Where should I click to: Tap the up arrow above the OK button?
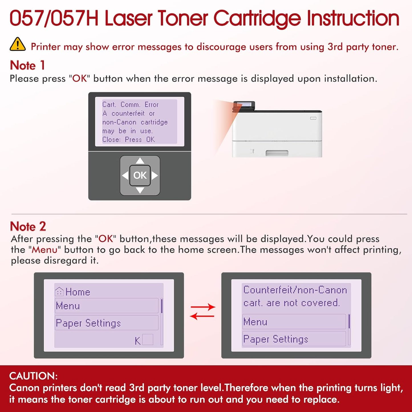pos(140,161)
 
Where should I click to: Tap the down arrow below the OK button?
pos(140,190)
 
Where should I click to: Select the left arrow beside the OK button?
pos(125,175)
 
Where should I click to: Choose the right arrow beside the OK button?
pos(155,175)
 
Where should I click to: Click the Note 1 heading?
pos(27,65)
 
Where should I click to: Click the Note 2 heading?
pos(28,226)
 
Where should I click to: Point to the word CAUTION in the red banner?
pos(33,376)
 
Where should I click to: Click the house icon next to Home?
pos(59,291)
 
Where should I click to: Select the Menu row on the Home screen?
pos(106,306)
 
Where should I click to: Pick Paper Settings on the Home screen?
pos(106,323)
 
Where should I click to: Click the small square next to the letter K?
pos(148,340)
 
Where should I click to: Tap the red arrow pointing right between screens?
pos(203,307)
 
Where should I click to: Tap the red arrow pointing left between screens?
pos(202,316)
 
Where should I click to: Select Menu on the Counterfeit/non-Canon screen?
pos(294,322)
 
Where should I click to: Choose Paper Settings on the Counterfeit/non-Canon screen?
pos(294,339)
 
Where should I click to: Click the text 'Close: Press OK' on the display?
pos(129,140)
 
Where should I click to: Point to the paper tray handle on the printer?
pos(277,153)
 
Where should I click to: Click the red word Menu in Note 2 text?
pos(44,250)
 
